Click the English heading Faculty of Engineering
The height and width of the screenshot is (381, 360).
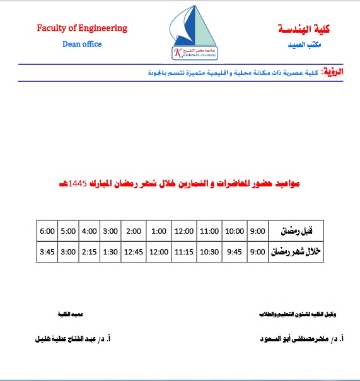[x=82, y=28]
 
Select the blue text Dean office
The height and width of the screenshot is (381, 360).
[x=82, y=44]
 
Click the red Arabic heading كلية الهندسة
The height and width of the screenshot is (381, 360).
[x=304, y=29]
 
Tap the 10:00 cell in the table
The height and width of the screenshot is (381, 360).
[x=235, y=231]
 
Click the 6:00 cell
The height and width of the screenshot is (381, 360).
[x=47, y=231]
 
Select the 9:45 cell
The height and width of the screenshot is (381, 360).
[x=235, y=253]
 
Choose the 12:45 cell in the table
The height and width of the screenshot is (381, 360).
[x=134, y=253]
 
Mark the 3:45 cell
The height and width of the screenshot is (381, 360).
[x=47, y=253]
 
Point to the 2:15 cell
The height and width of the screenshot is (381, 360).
[x=89, y=253]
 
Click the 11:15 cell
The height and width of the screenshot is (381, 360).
[x=184, y=253]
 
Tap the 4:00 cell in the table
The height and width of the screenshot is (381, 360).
[x=89, y=231]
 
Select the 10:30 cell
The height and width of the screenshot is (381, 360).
[x=210, y=253]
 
